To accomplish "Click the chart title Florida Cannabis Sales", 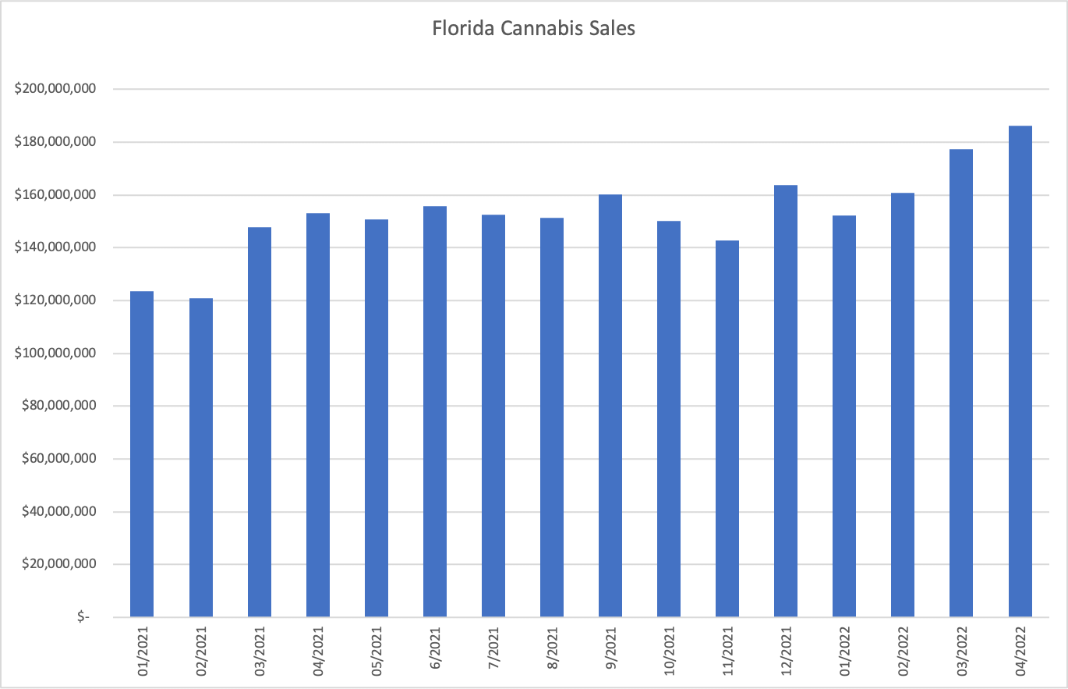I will pyautogui.click(x=534, y=30).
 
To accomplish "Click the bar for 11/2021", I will pyautogui.click(x=727, y=428).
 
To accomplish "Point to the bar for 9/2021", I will pyautogui.click(x=610, y=406).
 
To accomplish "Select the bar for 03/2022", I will pyautogui.click(x=961, y=383).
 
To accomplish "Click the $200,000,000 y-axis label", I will pyautogui.click(x=55, y=89).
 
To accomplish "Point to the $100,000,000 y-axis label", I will pyautogui.click(x=55, y=353).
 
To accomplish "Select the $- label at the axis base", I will pyautogui.click(x=83, y=617).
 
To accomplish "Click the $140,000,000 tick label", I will pyautogui.click(x=55, y=247).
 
